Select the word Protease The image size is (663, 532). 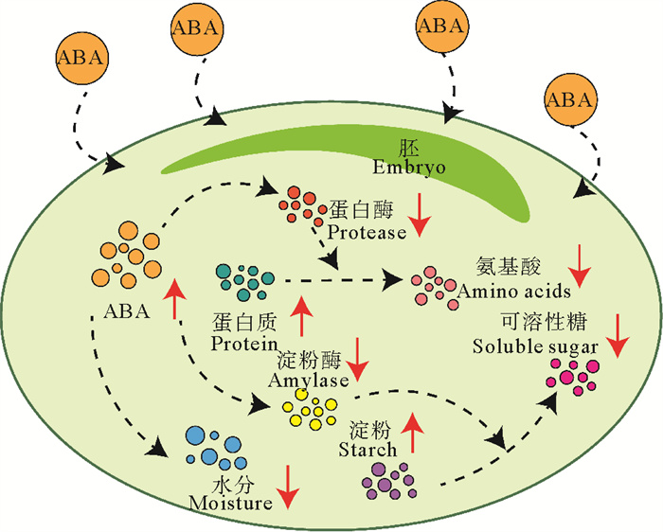point(367,230)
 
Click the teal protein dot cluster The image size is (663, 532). point(243,279)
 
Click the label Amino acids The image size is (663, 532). point(513,292)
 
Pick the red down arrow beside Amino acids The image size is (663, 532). point(581,266)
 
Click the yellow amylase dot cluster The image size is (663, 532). point(312,409)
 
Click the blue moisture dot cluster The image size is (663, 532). point(211,446)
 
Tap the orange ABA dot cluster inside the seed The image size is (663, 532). point(132,255)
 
